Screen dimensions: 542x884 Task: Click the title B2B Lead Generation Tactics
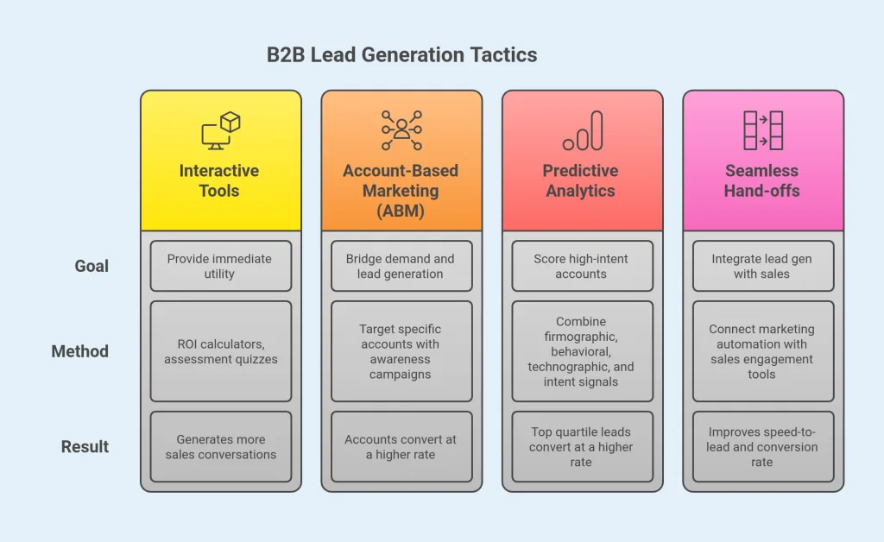coord(401,55)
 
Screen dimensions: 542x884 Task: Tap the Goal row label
coord(92,266)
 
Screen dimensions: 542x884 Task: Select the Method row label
coord(79,351)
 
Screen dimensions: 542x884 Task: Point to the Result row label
coord(85,446)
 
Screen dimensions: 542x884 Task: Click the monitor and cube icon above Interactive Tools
coord(221,131)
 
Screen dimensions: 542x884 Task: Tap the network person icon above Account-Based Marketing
coord(401,130)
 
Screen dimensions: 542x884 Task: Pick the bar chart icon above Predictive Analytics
coord(582,130)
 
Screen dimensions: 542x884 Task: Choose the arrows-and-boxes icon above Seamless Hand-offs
coord(763,130)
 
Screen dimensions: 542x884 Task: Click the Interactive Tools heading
coord(219,180)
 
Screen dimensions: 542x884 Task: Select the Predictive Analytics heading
coord(581,180)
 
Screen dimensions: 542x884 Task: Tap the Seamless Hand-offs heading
coord(762,180)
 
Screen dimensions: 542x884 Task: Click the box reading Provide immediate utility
coord(221,266)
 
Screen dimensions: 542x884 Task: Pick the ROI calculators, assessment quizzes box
coord(221,351)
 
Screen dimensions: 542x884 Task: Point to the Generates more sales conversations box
coord(221,446)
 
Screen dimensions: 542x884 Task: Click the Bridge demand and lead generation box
coord(401,266)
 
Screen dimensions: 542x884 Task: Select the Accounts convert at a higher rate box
coord(401,446)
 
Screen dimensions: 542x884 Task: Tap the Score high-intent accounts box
coord(582,266)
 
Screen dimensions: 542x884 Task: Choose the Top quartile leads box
coord(582,446)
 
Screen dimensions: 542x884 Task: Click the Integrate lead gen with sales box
coord(762,266)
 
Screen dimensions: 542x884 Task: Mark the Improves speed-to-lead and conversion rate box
coord(762,446)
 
